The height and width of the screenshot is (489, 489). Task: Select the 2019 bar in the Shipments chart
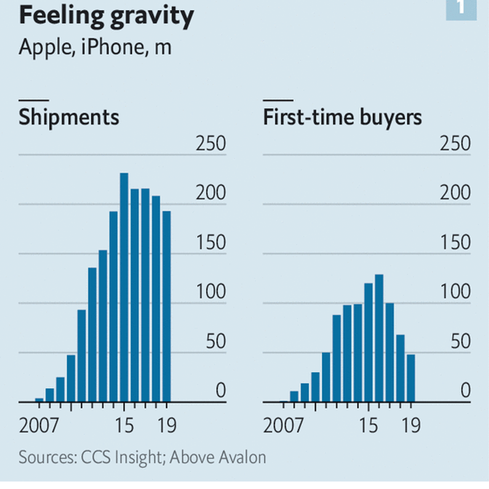pyautogui.click(x=167, y=306)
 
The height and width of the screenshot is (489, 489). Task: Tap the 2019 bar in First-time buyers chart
pyautogui.click(x=411, y=378)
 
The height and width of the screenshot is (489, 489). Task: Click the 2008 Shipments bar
pyautogui.click(x=50, y=395)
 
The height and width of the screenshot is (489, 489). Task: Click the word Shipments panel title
pyautogui.click(x=69, y=117)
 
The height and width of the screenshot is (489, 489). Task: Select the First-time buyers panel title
pyautogui.click(x=342, y=117)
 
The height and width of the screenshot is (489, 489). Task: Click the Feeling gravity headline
pyautogui.click(x=106, y=16)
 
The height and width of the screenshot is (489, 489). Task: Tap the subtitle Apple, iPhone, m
pyautogui.click(x=95, y=47)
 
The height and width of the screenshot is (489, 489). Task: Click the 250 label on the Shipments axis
pyautogui.click(x=210, y=144)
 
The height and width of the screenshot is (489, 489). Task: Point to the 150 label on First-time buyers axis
pyautogui.click(x=455, y=243)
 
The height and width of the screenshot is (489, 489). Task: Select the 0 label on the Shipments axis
pyautogui.click(x=221, y=391)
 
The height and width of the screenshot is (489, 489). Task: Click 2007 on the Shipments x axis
pyautogui.click(x=39, y=426)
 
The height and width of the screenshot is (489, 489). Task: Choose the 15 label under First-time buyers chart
pyautogui.click(x=368, y=426)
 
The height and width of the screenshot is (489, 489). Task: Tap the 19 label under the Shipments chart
pyautogui.click(x=167, y=426)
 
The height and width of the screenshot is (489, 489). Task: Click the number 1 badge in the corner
pyautogui.click(x=461, y=8)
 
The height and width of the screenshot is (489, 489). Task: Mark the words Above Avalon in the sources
pyautogui.click(x=218, y=457)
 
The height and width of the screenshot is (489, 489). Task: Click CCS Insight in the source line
pyautogui.click(x=121, y=457)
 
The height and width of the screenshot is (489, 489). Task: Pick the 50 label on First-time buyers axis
pyautogui.click(x=460, y=342)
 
